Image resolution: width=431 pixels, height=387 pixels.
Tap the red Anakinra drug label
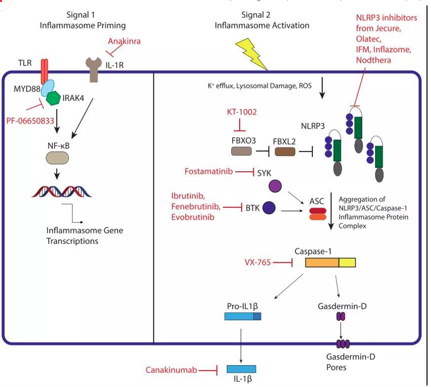[124, 41]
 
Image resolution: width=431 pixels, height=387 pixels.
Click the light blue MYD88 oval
[47, 88]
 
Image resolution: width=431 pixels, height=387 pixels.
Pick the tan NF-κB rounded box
[57, 158]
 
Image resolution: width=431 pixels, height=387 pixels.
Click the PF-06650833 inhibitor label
[30, 121]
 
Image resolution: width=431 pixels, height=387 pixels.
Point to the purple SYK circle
[275, 187]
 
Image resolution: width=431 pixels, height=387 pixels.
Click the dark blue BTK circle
[270, 208]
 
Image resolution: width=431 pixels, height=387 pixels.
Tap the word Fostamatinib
[209, 172]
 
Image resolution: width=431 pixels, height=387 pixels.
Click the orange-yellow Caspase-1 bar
[330, 263]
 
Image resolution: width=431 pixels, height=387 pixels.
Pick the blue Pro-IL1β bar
[242, 316]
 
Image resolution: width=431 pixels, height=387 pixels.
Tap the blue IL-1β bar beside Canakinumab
[242, 369]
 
